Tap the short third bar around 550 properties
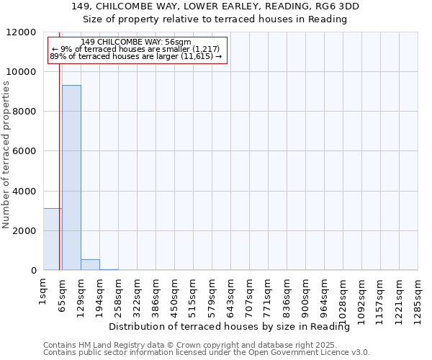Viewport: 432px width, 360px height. tap(90, 264)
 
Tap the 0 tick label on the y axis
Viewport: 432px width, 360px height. tap(33, 271)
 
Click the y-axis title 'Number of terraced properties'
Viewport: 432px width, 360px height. tap(6, 155)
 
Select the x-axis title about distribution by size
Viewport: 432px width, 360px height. tap(234, 327)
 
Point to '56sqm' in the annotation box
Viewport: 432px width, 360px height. tap(176, 42)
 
